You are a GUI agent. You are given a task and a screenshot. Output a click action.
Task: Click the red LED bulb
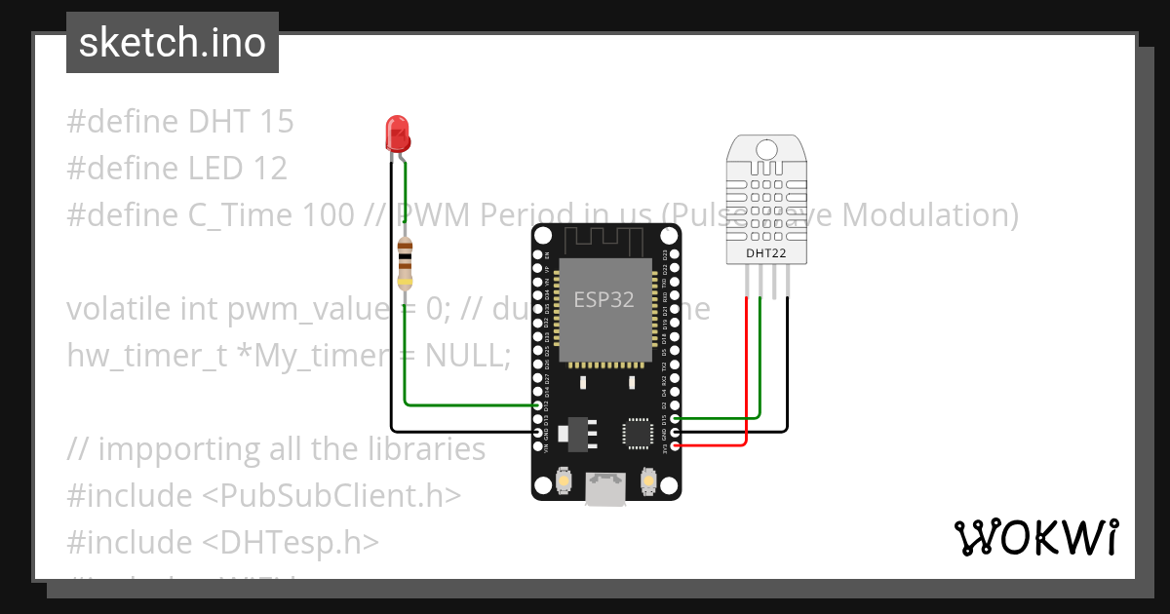coord(397,132)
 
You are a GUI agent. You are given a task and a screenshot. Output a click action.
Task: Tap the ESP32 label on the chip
coord(604,300)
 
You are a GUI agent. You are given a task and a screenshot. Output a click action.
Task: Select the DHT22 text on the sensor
coord(765,253)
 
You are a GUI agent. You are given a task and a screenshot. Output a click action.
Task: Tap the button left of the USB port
coord(563,480)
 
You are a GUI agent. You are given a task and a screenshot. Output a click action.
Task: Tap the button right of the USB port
coord(648,480)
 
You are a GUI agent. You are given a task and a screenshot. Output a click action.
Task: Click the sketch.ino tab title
coord(173,43)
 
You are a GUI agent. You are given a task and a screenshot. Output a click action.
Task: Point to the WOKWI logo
coord(1035,537)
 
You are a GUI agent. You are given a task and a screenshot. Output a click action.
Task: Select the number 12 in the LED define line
coord(267,169)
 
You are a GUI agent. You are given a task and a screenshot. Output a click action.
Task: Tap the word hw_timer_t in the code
coord(146,356)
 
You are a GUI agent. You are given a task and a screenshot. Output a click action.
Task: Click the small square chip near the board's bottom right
coord(640,434)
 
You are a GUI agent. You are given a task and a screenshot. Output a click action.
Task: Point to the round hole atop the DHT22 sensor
coord(766,150)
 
